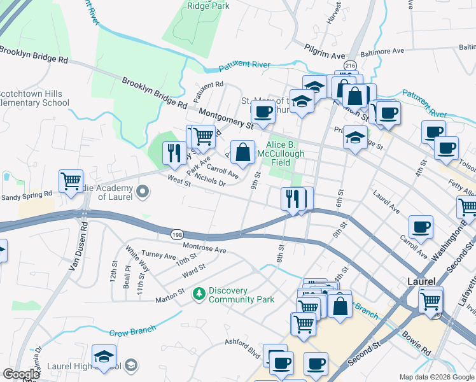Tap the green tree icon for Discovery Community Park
(x=199, y=293)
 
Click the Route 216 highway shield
(x=350, y=66)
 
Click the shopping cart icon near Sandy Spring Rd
(x=71, y=181)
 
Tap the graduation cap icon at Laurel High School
(x=104, y=357)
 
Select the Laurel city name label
(x=421, y=281)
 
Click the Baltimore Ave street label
(x=384, y=50)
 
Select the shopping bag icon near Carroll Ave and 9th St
(x=243, y=152)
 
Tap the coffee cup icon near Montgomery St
(x=263, y=113)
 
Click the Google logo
(x=21, y=374)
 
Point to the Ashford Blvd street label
(x=243, y=351)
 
